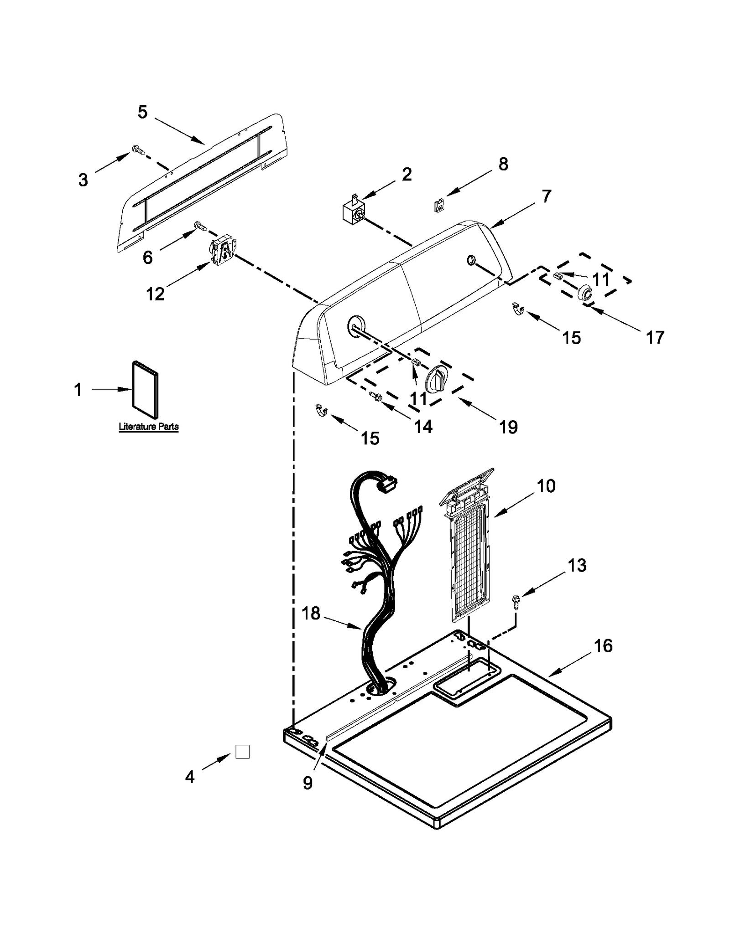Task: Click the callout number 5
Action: pos(142,112)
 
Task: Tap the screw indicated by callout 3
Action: pos(137,149)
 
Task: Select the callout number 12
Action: pos(155,294)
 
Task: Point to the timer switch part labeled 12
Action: pos(222,251)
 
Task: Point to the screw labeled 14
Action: pos(375,397)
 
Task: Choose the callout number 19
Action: pos(508,428)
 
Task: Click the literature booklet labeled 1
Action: pos(146,390)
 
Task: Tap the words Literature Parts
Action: pos(148,427)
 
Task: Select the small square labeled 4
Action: pos(242,752)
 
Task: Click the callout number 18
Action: pos(311,614)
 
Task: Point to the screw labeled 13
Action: pos(516,599)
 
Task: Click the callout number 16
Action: pos(603,646)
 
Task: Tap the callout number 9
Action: pos(308,783)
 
